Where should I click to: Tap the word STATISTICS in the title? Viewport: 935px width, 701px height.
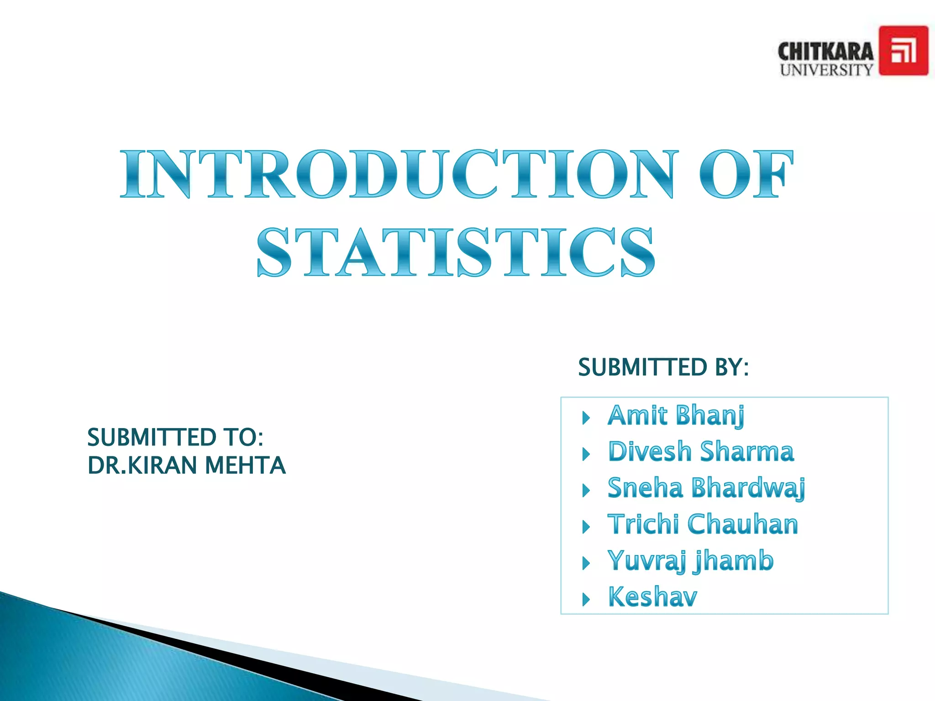point(456,253)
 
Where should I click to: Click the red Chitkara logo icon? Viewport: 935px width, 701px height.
point(903,51)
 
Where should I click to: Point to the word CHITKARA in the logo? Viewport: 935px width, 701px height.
point(825,52)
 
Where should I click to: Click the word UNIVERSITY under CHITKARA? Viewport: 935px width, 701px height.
point(826,70)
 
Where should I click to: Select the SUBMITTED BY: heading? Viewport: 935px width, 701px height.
point(663,367)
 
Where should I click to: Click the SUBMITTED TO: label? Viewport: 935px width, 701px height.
point(175,437)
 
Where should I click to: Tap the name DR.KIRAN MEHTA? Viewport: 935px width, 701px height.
point(186,466)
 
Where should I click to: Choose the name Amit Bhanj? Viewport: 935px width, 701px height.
point(676,416)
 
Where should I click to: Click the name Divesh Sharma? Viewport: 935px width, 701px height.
point(701,452)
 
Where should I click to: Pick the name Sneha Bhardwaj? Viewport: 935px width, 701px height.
point(706,488)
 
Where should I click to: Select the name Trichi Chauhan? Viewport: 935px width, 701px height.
point(703,524)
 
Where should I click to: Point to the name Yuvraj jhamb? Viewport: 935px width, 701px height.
point(690,561)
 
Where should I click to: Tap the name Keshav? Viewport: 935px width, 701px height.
point(652,597)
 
